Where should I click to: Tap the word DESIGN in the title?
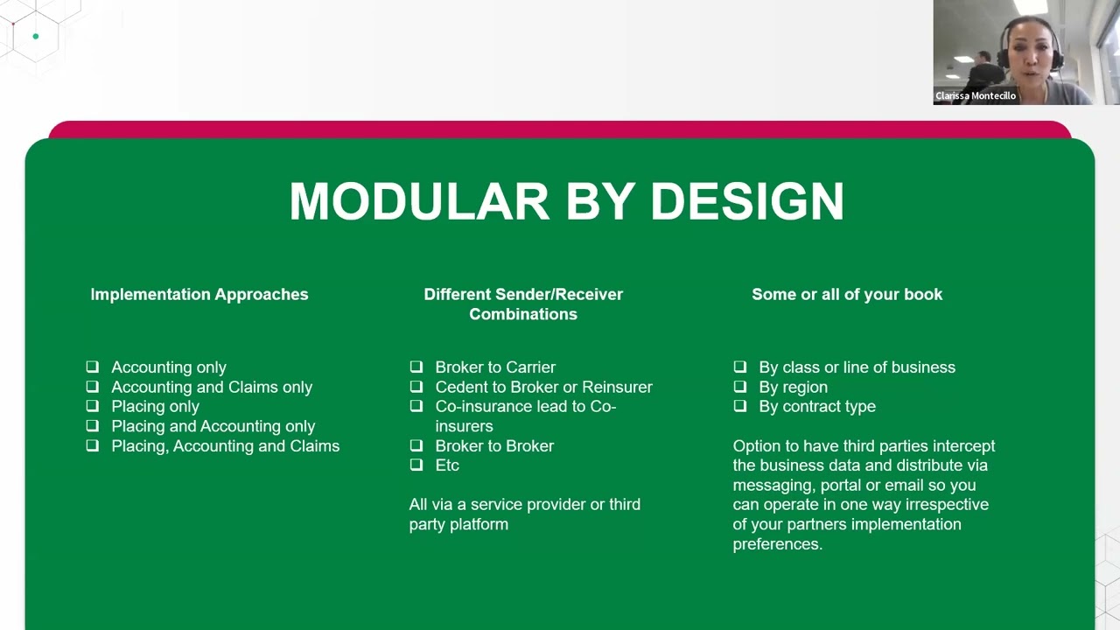(x=746, y=201)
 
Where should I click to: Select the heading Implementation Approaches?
(x=199, y=295)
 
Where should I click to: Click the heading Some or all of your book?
(x=847, y=295)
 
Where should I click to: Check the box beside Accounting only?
(x=93, y=367)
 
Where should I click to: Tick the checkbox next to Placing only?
(x=93, y=406)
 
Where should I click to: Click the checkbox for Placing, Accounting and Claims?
(x=93, y=445)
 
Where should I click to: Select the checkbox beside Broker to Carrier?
(x=416, y=367)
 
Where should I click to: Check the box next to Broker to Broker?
(x=416, y=445)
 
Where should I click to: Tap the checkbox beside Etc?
(x=416, y=465)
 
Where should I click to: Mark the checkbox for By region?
(x=740, y=387)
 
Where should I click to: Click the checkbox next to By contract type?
(x=740, y=406)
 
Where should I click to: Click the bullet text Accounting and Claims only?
(x=212, y=387)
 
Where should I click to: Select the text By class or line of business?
(x=857, y=367)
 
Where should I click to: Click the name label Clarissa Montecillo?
(x=976, y=96)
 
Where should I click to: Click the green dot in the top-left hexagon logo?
(x=36, y=37)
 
